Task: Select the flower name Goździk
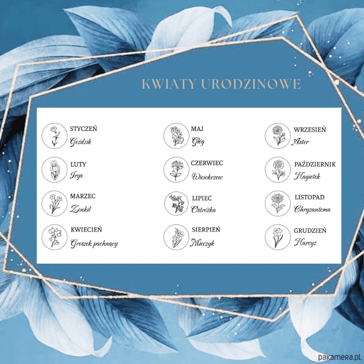tap(81, 142)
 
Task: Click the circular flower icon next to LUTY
tap(54, 170)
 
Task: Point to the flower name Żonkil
tap(81, 209)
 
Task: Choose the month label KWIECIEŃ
tap(86, 230)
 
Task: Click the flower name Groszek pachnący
tap(94, 244)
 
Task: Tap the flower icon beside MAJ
tap(176, 136)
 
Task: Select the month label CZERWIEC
tap(207, 163)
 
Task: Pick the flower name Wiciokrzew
tap(207, 177)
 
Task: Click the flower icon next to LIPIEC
tap(177, 204)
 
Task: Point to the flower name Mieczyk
tap(202, 243)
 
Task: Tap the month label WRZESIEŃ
tap(310, 130)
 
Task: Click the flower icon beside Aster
tap(278, 136)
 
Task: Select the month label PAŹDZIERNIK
tap(315, 164)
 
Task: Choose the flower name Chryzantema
tap(312, 209)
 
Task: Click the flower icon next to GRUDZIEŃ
tap(278, 237)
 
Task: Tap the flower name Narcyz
tap(305, 243)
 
